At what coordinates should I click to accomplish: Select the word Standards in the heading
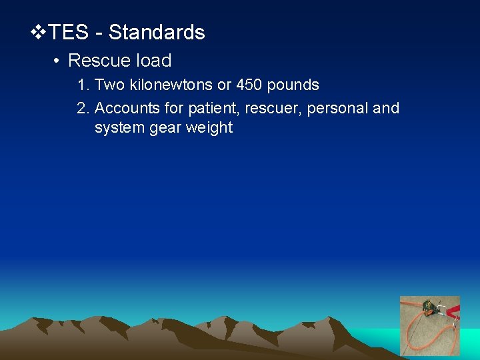tap(157, 32)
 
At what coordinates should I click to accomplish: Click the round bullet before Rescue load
tap(57, 61)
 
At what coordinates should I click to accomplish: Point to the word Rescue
tap(99, 61)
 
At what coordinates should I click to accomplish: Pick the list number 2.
tap(83, 108)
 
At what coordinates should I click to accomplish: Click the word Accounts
tap(125, 108)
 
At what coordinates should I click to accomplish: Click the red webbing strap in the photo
tap(452, 311)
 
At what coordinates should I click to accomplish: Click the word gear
tap(163, 128)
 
